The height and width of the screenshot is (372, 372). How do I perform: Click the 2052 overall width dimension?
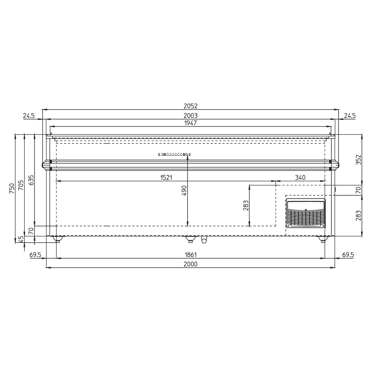(191, 106)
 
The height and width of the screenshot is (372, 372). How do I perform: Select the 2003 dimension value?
(191, 116)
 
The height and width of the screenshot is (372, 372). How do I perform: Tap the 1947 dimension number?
(191, 123)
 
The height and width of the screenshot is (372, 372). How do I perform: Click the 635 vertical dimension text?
(31, 180)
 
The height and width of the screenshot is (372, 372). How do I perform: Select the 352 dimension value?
(358, 159)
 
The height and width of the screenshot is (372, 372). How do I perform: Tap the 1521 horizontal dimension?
(166, 177)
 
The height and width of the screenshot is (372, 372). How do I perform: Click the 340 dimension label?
(300, 177)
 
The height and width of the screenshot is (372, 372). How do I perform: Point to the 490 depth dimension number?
(184, 191)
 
